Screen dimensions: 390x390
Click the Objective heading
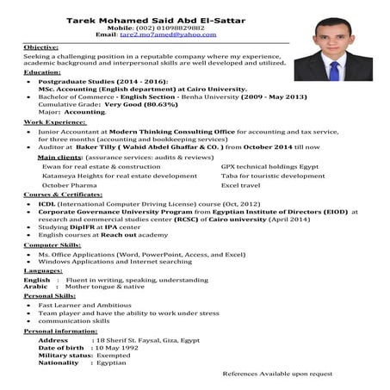41,46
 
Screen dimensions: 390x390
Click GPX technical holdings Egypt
269,166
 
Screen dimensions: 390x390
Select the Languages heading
45,270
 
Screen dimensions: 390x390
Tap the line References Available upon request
276,374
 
